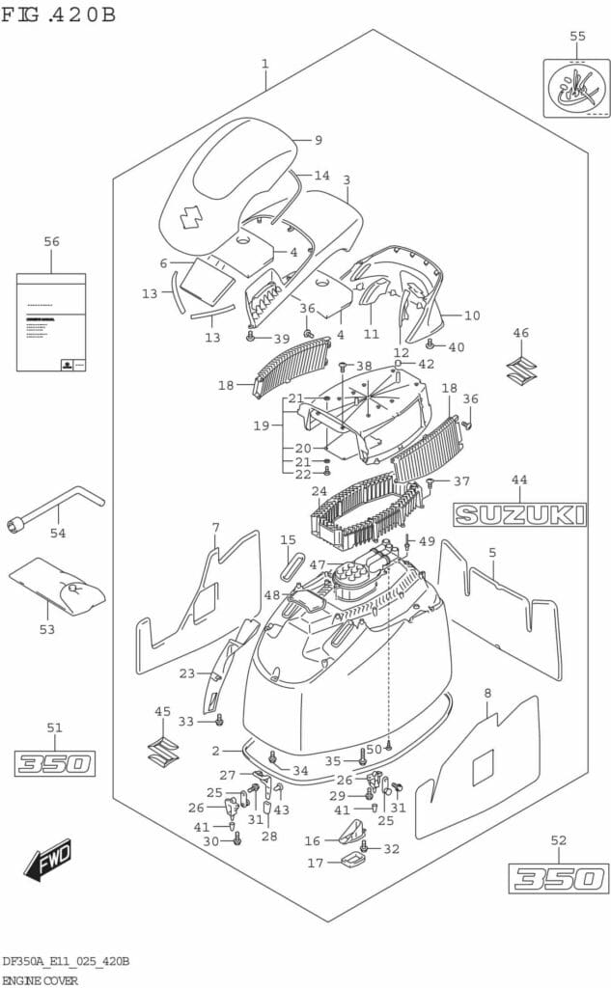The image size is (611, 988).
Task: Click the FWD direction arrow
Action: pos(48,862)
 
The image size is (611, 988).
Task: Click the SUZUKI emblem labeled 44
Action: pos(520,514)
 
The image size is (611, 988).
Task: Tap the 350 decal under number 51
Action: pos(54,764)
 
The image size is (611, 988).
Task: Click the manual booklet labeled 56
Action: pos(50,321)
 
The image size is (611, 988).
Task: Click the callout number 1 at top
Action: pos(264,64)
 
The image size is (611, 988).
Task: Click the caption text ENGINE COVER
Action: pos(45,978)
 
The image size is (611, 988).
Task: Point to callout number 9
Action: pos(318,140)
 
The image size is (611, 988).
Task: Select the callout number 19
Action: pos(261,425)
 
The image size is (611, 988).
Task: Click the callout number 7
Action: pos(215,527)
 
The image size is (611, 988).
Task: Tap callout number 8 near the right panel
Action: pos(487,692)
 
